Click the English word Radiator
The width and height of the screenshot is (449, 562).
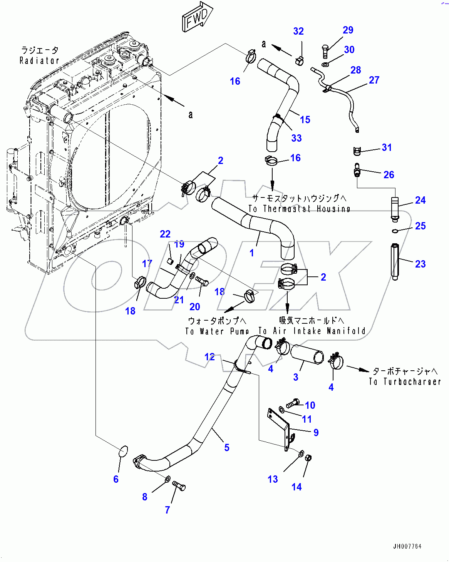click(x=39, y=60)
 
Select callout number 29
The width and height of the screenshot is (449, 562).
click(x=348, y=30)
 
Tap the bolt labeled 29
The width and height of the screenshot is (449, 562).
click(x=325, y=51)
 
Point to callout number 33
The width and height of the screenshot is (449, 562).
click(x=296, y=138)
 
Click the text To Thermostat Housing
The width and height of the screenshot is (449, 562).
click(x=299, y=209)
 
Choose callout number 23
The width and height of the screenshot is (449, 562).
click(x=420, y=264)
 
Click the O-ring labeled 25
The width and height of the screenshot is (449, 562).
click(x=394, y=231)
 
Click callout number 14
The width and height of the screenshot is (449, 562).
click(x=296, y=487)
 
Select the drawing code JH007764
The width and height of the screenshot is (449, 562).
click(x=407, y=546)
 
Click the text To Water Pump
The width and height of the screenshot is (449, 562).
click(x=217, y=331)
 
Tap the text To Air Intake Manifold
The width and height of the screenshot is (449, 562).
click(x=312, y=331)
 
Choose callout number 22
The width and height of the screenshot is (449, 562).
click(x=165, y=234)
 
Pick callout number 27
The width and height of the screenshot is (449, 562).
click(x=374, y=80)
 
